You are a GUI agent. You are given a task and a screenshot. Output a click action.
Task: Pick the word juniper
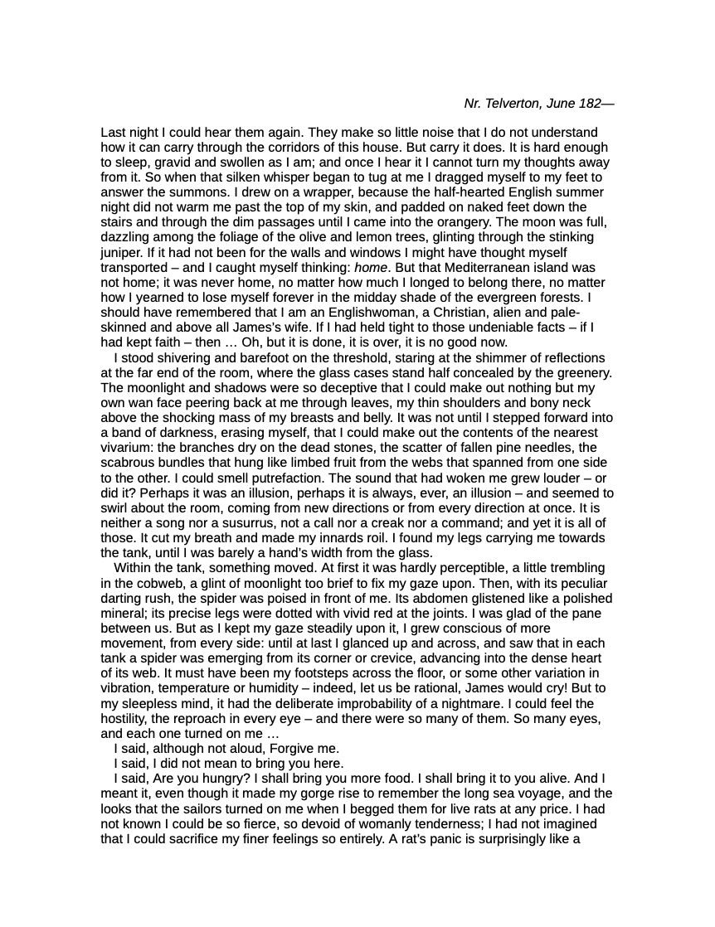tap(121, 251)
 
